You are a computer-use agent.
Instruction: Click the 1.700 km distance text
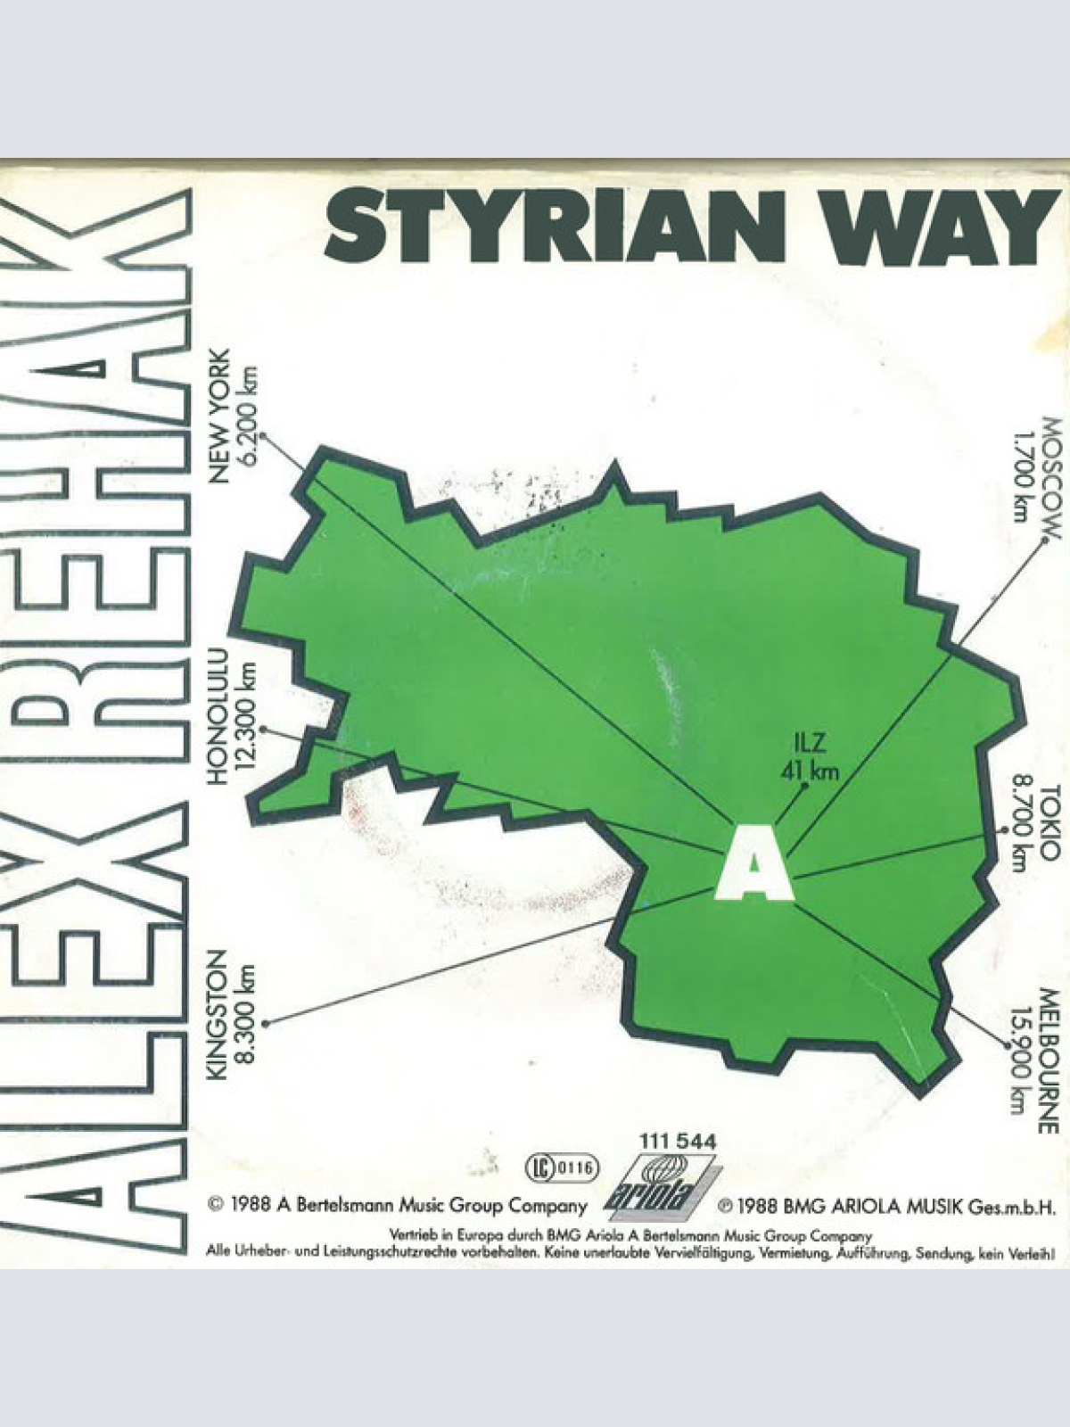pos(1021,472)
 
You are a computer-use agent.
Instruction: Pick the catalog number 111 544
pos(678,1141)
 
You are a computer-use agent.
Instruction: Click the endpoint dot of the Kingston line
pos(266,1024)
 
